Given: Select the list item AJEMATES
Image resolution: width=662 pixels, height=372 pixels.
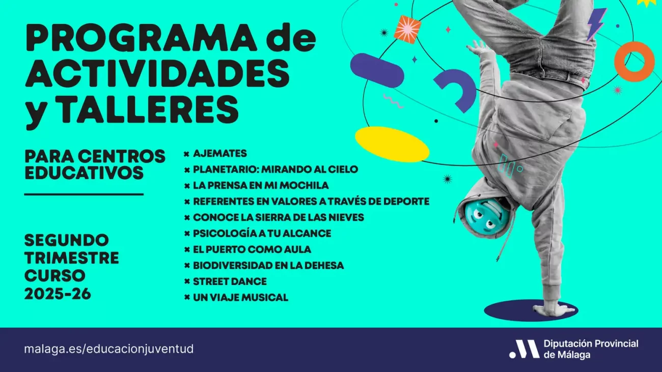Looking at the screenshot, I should (219, 153).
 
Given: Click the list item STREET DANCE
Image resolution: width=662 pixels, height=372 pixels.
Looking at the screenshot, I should (229, 281).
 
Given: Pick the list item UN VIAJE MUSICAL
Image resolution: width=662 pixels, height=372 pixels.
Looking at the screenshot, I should (240, 297).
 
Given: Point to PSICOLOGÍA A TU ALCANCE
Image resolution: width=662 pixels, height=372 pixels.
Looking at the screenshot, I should (262, 233).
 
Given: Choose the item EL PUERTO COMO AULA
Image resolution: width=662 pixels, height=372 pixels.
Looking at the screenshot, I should (252, 249).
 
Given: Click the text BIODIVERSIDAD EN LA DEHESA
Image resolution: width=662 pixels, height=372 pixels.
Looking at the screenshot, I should (268, 265).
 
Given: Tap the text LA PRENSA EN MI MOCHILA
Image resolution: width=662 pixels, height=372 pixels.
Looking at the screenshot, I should (260, 185).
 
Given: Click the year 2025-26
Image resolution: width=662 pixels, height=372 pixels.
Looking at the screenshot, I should (58, 294).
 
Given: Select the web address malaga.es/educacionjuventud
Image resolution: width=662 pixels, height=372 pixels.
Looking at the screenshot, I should (109, 349).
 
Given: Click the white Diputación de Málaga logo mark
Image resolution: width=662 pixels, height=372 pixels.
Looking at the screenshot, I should (524, 349).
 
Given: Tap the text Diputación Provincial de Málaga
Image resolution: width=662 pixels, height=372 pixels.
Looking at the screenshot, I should (591, 349).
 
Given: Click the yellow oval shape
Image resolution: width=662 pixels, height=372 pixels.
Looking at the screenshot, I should (392, 144).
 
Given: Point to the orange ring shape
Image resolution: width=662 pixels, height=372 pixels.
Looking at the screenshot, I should (634, 62).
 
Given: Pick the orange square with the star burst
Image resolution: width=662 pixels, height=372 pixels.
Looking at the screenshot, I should (407, 30).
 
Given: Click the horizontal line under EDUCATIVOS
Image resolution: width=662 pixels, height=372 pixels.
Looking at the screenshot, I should (84, 194).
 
